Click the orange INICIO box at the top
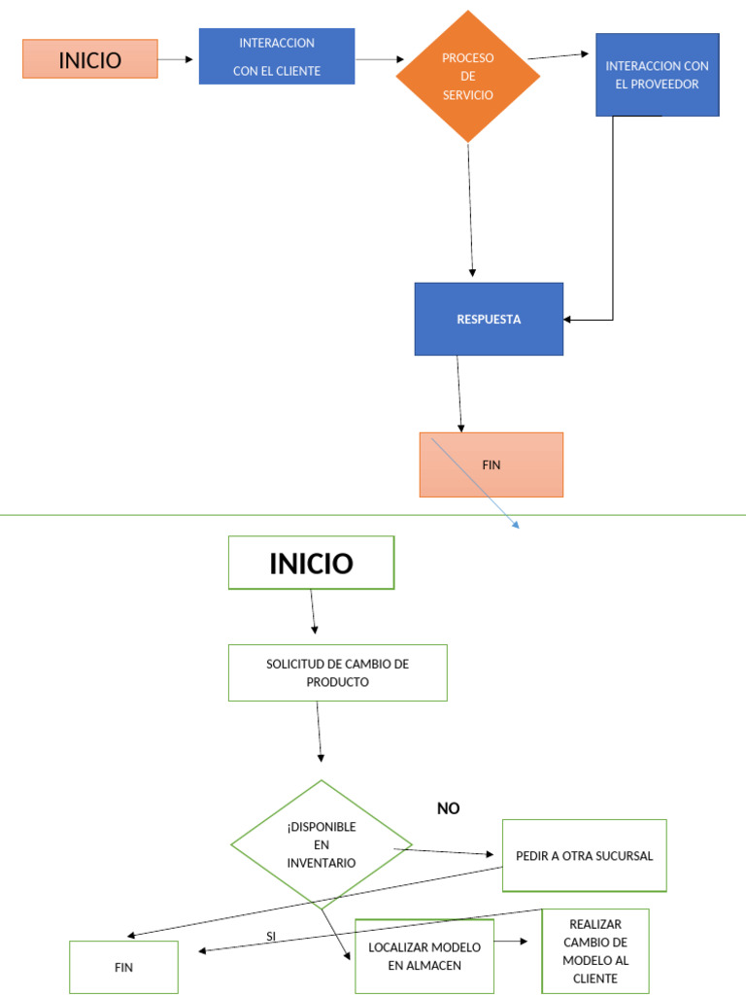(90, 59)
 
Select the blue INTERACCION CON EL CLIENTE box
(277, 56)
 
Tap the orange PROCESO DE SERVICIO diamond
(468, 77)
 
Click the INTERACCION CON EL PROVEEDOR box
(657, 75)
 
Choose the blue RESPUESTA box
(489, 319)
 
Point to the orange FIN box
(492, 464)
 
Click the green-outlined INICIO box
(311, 563)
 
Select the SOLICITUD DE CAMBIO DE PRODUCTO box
(337, 672)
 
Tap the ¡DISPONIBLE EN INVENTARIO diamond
(322, 844)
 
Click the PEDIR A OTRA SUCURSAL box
(584, 855)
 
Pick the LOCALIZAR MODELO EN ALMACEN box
(424, 956)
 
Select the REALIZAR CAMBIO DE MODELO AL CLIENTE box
(594, 951)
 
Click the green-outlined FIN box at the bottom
(123, 968)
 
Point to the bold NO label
(448, 808)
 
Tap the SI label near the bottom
(271, 937)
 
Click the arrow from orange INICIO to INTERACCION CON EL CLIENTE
(177, 59)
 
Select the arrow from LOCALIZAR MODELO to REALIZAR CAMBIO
(511, 942)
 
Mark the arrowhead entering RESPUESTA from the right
(569, 319)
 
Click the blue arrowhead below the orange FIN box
(516, 525)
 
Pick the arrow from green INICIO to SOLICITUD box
(313, 611)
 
